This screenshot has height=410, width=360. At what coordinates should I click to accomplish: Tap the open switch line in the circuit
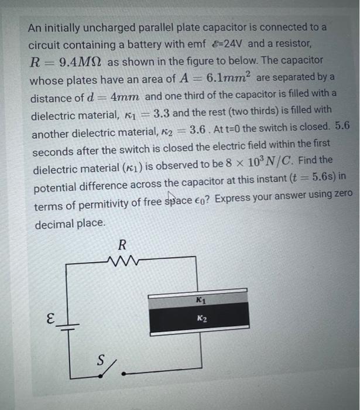tap(118, 369)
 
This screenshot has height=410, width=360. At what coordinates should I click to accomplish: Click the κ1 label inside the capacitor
tap(201, 301)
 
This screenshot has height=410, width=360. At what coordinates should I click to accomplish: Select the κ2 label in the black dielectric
tap(201, 319)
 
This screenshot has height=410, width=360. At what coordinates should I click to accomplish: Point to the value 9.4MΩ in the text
tap(77, 60)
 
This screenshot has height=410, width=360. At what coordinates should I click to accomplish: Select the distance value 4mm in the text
tap(125, 97)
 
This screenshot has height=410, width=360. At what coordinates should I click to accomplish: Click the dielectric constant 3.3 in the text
tap(162, 114)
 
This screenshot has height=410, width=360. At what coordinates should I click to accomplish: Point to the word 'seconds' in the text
tap(52, 152)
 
